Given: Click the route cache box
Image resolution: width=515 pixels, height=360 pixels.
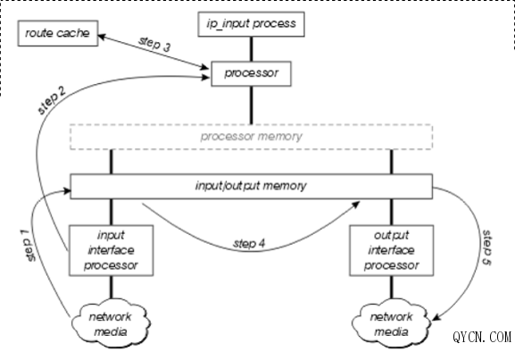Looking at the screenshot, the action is pos(58,33).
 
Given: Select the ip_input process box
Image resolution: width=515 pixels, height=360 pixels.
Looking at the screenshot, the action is pos(252,24).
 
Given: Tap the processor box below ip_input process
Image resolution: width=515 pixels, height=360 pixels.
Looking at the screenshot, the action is pos(251,73).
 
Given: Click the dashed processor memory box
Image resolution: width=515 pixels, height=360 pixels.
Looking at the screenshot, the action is pos(252,137).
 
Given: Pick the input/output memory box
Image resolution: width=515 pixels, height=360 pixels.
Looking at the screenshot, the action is pos(252,187).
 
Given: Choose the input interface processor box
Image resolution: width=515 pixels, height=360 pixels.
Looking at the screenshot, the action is pos(111,250).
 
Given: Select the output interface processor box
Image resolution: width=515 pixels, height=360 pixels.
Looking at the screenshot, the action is pos(392,250).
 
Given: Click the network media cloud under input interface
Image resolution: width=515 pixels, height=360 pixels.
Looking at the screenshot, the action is pos(111,323).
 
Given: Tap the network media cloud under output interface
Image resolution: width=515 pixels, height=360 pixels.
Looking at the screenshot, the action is pos(391,323).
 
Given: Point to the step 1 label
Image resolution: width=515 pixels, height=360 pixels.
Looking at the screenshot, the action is pos(28,246).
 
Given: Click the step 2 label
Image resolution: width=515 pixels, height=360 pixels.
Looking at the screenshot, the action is pos(52,100).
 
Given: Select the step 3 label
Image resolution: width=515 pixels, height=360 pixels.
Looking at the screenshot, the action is pos(154,44).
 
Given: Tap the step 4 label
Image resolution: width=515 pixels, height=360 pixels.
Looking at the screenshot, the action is pos(249,244).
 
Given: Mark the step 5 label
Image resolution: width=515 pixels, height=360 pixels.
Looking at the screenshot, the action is pos(487,247).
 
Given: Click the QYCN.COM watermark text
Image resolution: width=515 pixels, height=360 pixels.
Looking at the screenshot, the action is pos(482,337).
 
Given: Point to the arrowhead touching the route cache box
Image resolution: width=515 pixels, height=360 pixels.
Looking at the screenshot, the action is pos(102,37).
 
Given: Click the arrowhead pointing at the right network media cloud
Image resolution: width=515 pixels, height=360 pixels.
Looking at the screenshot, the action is pos(436,317).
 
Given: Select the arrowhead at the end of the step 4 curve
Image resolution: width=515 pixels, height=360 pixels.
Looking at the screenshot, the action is pos(356,205).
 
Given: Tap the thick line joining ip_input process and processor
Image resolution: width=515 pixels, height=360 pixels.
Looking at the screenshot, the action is pos(252,49).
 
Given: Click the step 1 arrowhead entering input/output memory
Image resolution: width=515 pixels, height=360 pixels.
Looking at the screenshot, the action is pos(67,190).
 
